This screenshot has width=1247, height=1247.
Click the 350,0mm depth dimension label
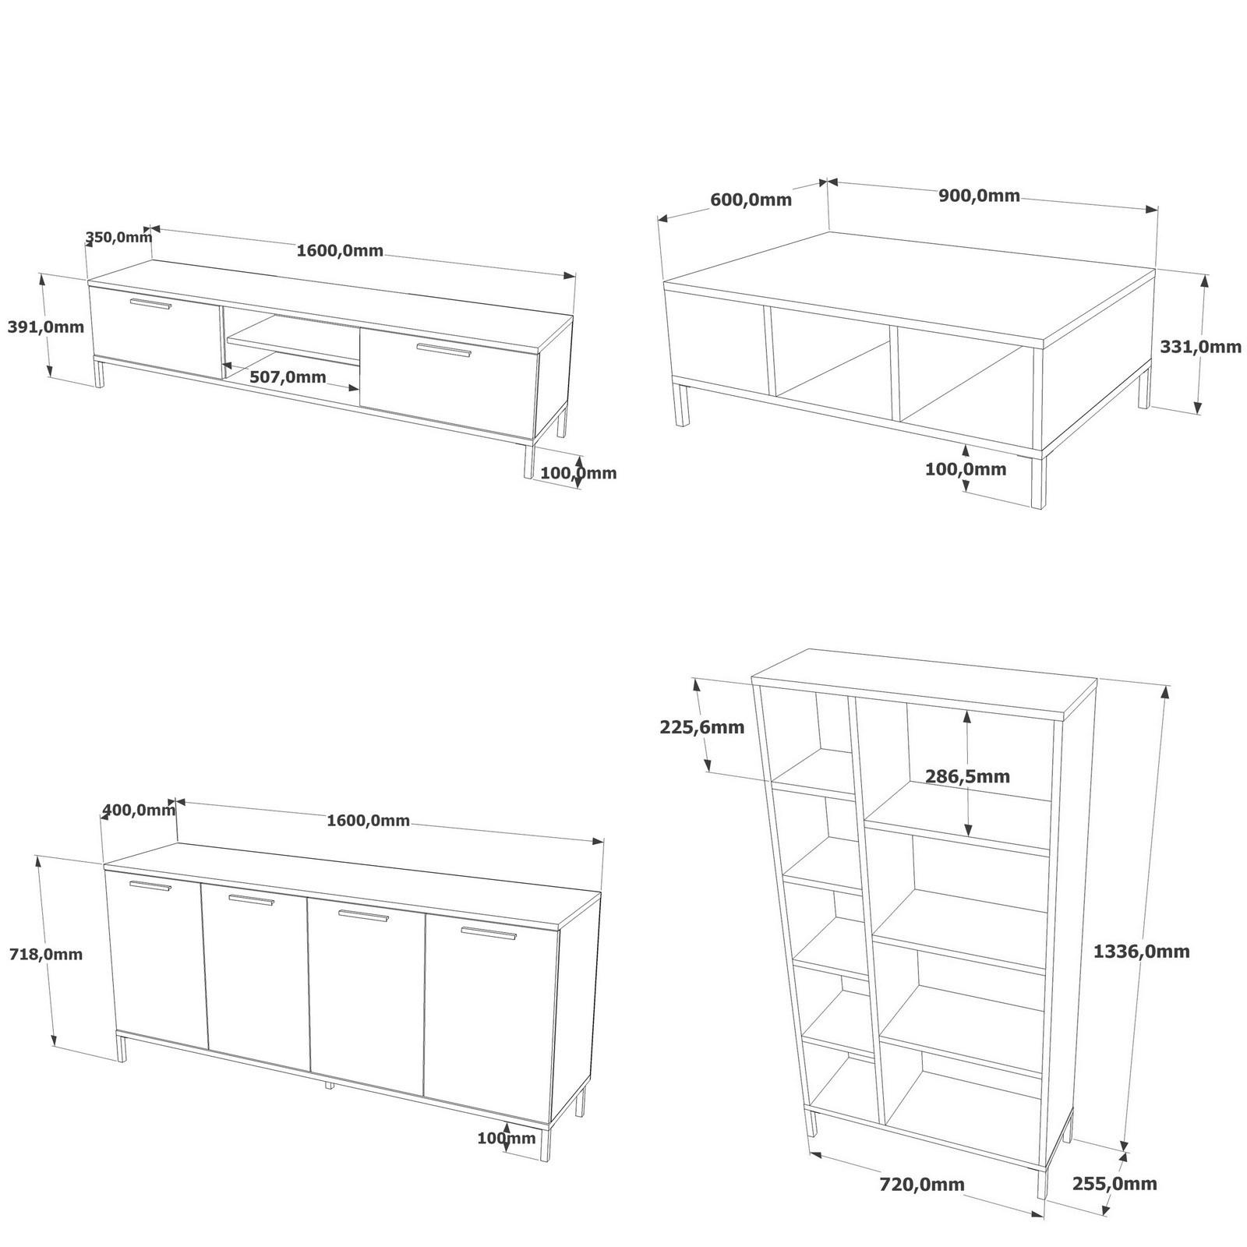pyautogui.click(x=118, y=237)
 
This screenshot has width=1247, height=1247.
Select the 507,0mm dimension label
pyautogui.click(x=288, y=377)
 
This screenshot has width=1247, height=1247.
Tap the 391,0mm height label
pyautogui.click(x=45, y=327)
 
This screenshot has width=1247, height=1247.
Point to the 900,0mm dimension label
pyautogui.click(x=979, y=196)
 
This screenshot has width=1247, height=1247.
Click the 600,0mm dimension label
pyautogui.click(x=751, y=200)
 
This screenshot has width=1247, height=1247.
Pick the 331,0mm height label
pyautogui.click(x=1200, y=347)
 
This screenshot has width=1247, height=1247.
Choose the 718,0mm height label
pyautogui.click(x=45, y=954)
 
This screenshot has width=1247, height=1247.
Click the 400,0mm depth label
pyautogui.click(x=139, y=811)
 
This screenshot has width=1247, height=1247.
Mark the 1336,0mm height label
pyautogui.click(x=1141, y=951)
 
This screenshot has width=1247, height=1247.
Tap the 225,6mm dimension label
pyautogui.click(x=701, y=727)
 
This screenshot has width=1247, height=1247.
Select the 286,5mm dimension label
pyautogui.click(x=967, y=776)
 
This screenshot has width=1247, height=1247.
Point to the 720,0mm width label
pyautogui.click(x=921, y=1184)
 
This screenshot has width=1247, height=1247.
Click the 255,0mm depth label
pyautogui.click(x=1114, y=1184)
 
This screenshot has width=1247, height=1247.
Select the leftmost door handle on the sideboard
pyautogui.click(x=150, y=885)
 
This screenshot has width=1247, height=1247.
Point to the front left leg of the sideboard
pyautogui.click(x=122, y=1046)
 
